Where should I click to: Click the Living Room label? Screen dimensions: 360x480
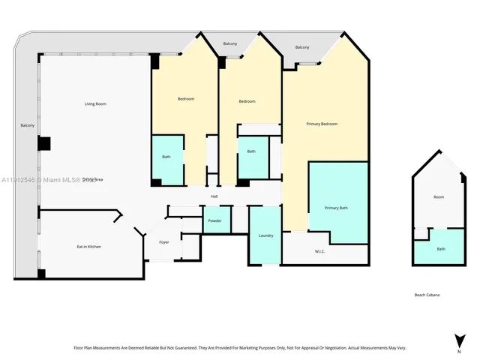pyautogui.click(x=95, y=103)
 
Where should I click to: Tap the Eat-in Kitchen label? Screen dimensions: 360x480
pyautogui.click(x=88, y=247)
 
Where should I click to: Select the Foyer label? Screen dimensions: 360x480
pyautogui.click(x=163, y=242)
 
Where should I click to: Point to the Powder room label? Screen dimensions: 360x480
pyautogui.click(x=214, y=221)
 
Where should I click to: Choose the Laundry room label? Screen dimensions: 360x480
pyautogui.click(x=265, y=235)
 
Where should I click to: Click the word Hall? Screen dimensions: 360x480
pyautogui.click(x=214, y=196)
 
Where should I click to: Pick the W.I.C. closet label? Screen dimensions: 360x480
pyautogui.click(x=320, y=251)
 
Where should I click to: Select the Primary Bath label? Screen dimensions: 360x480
pyautogui.click(x=336, y=208)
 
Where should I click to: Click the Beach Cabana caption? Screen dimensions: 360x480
pyautogui.click(x=427, y=295)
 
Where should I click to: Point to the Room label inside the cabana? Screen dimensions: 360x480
pyautogui.click(x=439, y=197)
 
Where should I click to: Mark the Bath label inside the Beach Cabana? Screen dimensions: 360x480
pyautogui.click(x=441, y=249)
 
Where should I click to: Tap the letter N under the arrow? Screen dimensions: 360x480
pyautogui.click(x=458, y=351)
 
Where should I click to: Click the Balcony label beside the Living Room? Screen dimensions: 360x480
pyautogui.click(x=28, y=125)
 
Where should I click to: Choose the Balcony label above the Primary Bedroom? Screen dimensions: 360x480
pyautogui.click(x=302, y=47)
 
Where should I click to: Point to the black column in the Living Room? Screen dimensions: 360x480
pyautogui.click(x=44, y=143)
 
